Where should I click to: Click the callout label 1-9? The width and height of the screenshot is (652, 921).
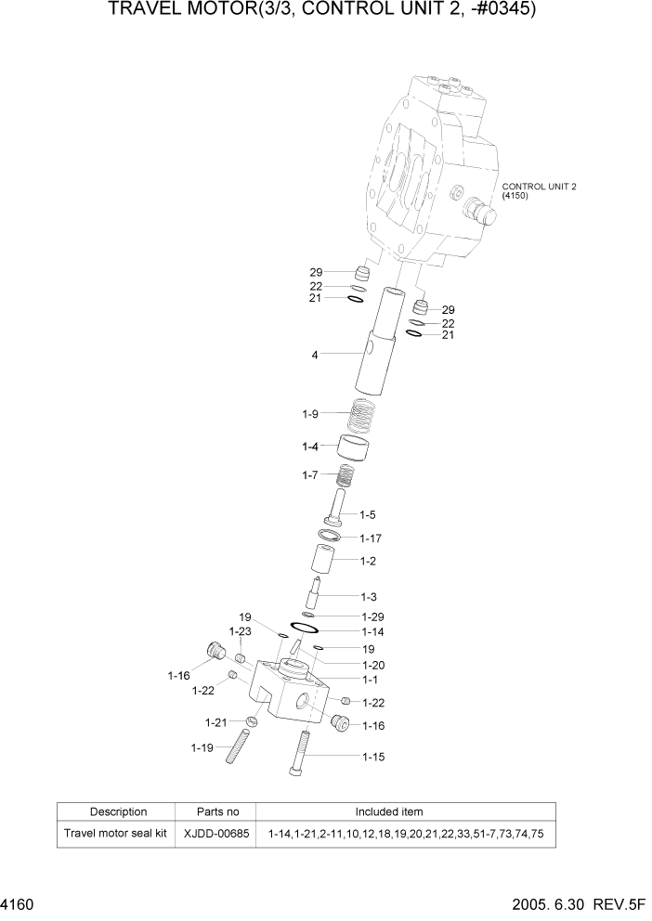(311, 413)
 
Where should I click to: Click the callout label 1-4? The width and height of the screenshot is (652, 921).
(311, 447)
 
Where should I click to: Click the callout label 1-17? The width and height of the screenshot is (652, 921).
(370, 538)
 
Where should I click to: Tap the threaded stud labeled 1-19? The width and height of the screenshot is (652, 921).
(237, 746)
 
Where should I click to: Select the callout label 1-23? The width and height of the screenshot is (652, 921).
(241, 631)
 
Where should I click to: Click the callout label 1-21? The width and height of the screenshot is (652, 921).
(216, 721)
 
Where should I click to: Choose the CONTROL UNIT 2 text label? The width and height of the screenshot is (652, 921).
(540, 186)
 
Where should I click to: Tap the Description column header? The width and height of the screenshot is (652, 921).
(118, 811)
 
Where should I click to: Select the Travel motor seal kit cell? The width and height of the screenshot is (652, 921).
(115, 834)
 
